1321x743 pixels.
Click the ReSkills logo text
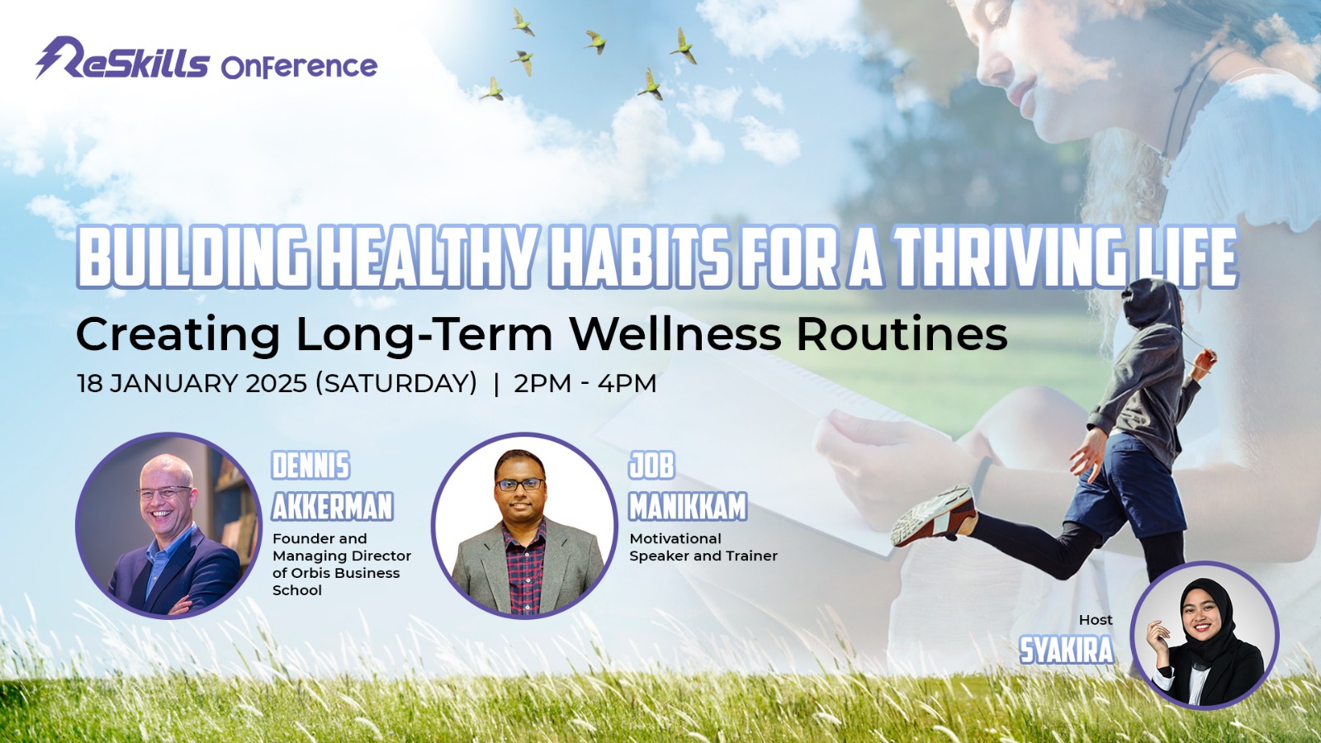(123, 59)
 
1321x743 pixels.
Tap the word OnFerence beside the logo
(299, 67)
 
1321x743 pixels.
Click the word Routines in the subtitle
(902, 334)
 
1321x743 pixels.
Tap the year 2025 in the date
(276, 384)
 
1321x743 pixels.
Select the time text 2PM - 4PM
(585, 384)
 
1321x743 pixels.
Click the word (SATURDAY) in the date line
(396, 384)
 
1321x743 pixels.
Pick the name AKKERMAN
(332, 507)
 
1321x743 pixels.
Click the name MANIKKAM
(688, 507)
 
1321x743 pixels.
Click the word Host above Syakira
(1096, 620)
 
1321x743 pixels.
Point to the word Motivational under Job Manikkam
(675, 538)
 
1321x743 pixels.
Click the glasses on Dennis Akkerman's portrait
(164, 492)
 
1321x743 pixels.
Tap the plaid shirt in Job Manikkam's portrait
(524, 567)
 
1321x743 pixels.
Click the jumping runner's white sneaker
(934, 515)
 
